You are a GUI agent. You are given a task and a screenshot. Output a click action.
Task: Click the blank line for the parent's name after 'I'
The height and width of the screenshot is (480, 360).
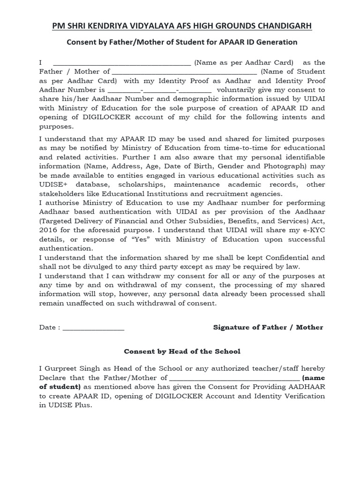pos(122,63)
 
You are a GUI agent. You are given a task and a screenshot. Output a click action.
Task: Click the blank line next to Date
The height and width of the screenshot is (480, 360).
pos(93,328)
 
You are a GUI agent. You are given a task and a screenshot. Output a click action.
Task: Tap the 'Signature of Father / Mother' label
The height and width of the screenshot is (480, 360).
pos(268,327)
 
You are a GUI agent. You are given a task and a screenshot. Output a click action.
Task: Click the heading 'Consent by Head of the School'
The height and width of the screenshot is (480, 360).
pos(182,351)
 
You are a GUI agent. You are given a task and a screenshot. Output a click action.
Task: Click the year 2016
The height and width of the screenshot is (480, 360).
pos(48,230)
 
